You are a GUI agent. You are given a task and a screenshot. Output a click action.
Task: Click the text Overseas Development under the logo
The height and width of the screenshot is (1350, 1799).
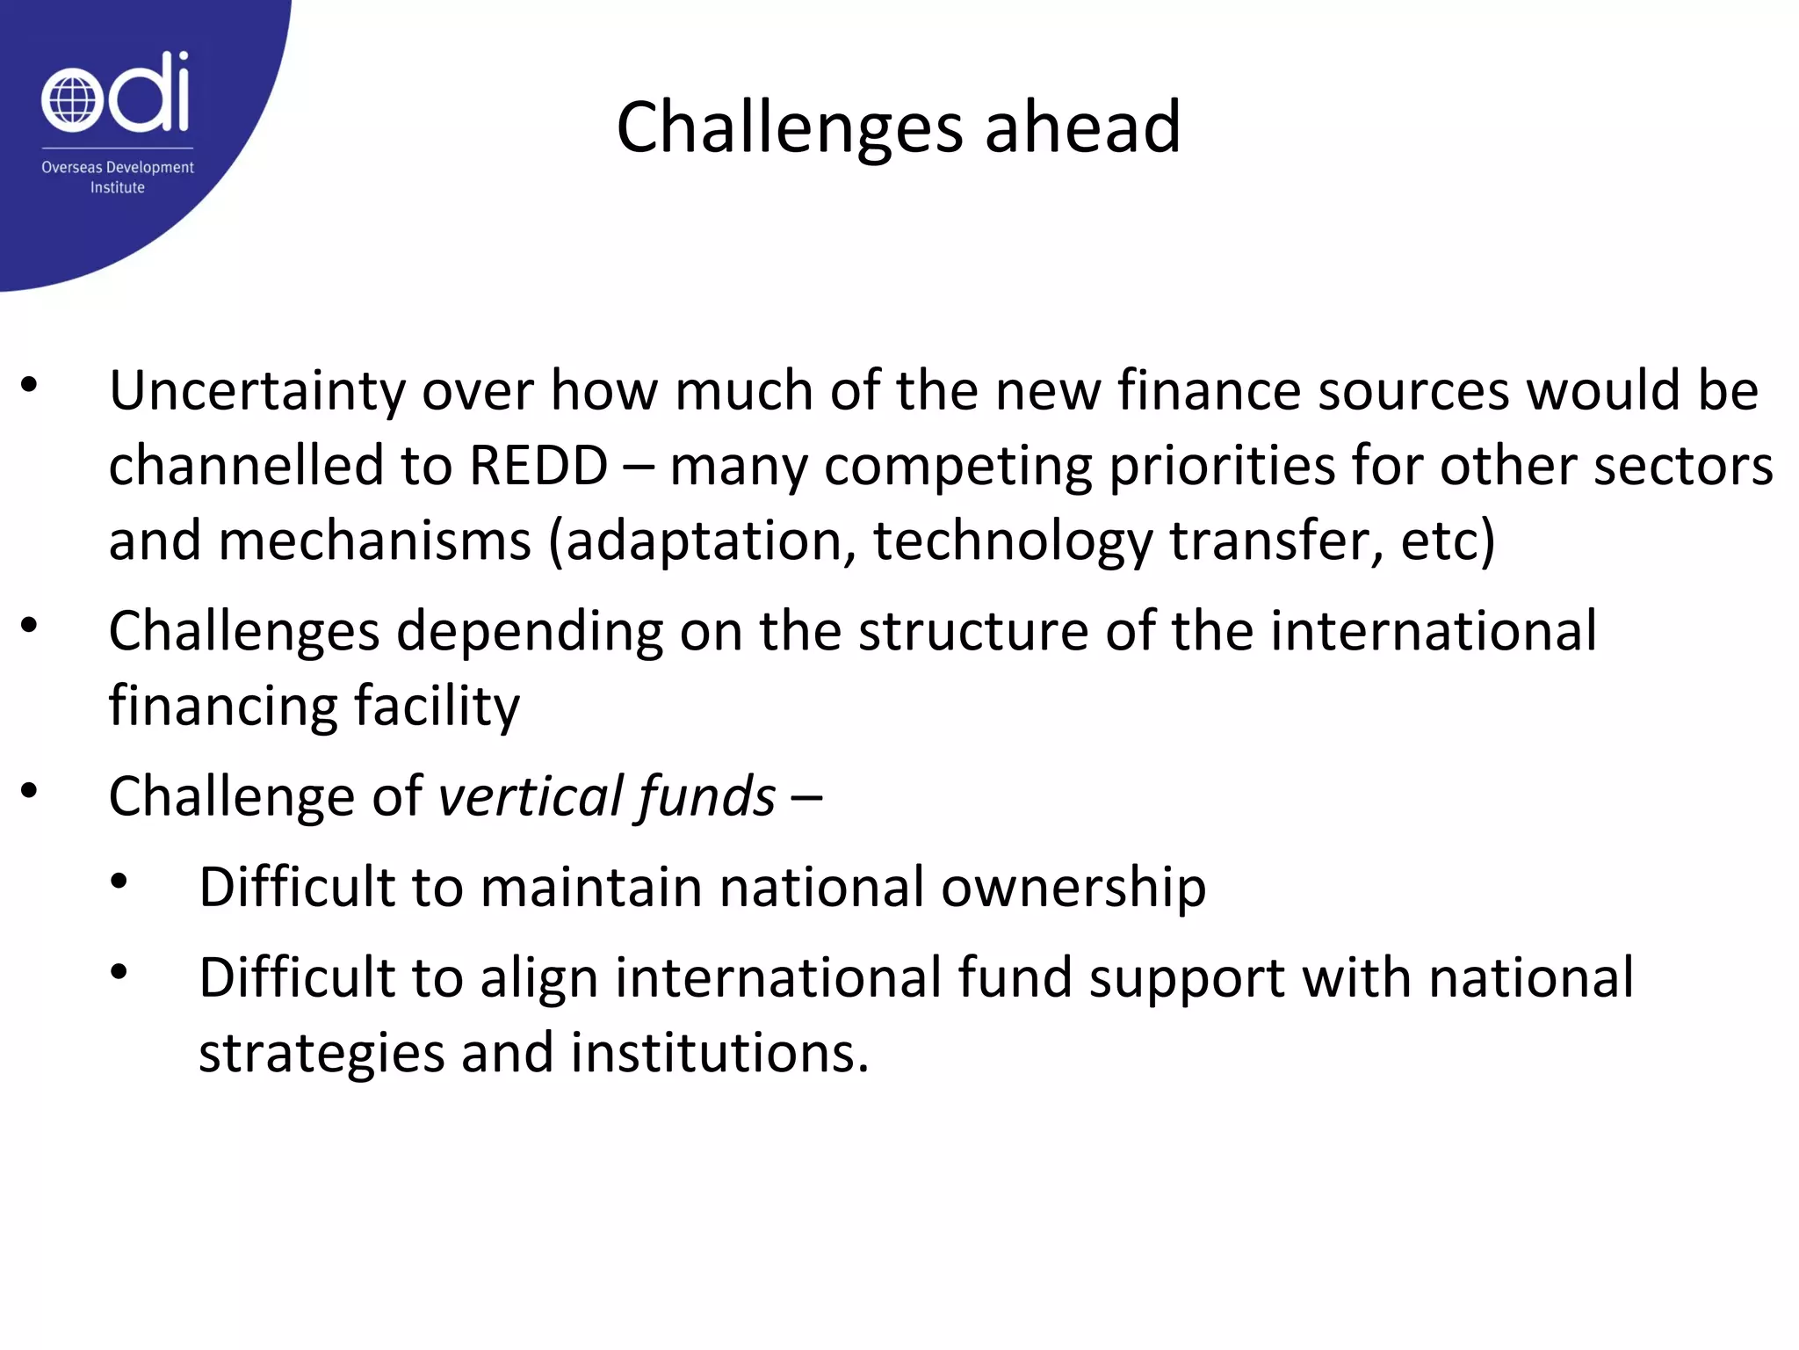tap(118, 167)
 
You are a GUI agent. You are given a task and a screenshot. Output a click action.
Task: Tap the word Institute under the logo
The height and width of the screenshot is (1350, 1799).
tap(118, 187)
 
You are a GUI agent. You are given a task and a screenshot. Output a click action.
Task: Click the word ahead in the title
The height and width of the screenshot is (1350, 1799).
tap(1082, 127)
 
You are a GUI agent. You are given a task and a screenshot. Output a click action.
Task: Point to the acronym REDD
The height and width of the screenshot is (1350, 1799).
tap(538, 466)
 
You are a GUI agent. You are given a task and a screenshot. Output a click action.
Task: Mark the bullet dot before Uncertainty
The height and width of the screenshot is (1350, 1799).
tap(30, 385)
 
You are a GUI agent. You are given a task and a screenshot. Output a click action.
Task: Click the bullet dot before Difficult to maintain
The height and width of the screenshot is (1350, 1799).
tap(119, 881)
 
